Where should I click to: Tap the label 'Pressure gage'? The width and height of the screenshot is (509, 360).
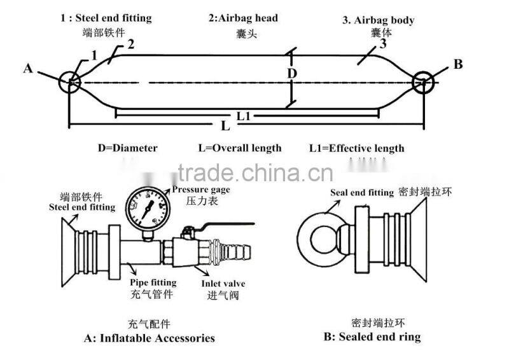point(200,190)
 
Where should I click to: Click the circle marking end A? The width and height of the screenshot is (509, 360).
point(71,82)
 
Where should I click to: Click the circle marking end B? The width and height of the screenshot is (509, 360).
point(423,81)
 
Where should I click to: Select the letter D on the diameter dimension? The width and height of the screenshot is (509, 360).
point(291,74)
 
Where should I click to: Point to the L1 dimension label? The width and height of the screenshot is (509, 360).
point(243,116)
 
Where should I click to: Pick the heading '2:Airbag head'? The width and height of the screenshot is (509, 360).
point(243,18)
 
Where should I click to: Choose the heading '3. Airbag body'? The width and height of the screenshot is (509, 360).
point(379,20)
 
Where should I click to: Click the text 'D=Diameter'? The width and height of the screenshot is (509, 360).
point(127,148)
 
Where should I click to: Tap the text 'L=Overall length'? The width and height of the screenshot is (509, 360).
point(239,148)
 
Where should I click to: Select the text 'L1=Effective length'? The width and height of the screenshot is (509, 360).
point(356,148)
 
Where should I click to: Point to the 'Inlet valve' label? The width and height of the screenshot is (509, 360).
point(223,283)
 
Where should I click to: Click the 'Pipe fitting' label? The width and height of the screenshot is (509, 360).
point(153,282)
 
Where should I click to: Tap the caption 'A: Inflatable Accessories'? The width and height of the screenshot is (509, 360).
point(149,338)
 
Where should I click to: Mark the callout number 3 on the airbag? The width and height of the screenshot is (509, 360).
point(382,44)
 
